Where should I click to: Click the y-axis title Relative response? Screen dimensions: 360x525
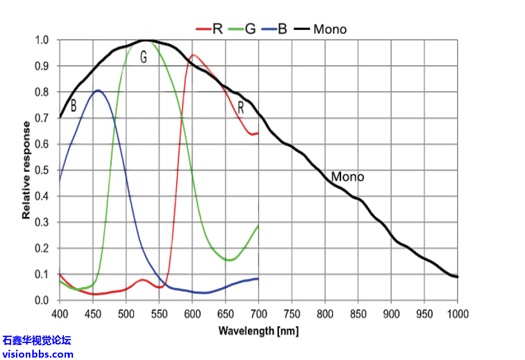[27, 170]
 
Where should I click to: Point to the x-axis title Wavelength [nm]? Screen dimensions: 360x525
[258, 331]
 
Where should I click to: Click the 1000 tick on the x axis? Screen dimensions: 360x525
[458, 314]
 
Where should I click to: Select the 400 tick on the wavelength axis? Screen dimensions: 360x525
[59, 314]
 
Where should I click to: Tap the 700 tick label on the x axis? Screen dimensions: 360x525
[258, 314]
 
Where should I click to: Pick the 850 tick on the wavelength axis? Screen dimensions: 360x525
[358, 314]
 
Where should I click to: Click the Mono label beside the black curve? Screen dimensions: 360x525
[347, 177]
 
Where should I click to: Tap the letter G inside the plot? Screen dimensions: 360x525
[144, 58]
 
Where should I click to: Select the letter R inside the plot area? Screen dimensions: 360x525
[241, 108]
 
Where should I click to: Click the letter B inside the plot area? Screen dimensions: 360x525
[73, 107]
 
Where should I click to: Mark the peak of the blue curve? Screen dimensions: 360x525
[98, 90]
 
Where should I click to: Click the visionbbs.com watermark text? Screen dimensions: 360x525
[37, 354]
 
